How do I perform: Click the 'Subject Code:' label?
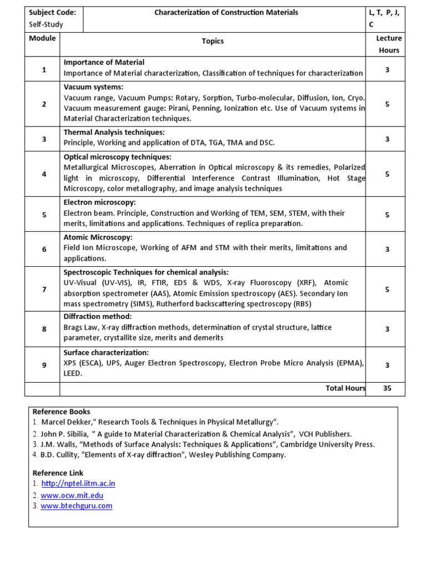coord(52,12)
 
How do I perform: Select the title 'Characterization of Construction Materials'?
coord(226,12)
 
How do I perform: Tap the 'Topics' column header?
coord(213,41)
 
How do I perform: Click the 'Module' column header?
coord(42,38)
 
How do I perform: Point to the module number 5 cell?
coord(44,215)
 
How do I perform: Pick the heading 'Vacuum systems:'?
coord(93,87)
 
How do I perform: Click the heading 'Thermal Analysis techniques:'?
coord(114,132)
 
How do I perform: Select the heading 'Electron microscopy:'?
coord(99,202)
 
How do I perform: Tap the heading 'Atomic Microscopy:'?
coord(98,237)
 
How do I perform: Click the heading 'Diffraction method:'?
coord(98,317)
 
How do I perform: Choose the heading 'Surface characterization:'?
coord(106,353)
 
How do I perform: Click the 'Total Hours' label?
coord(345,388)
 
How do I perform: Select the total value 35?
coord(387,388)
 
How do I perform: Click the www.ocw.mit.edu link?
coord(72,495)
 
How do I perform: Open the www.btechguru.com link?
coord(76,506)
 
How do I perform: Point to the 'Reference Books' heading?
coord(61,412)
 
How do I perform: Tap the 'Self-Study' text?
coord(46,24)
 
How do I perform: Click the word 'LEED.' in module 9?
coord(73,374)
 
